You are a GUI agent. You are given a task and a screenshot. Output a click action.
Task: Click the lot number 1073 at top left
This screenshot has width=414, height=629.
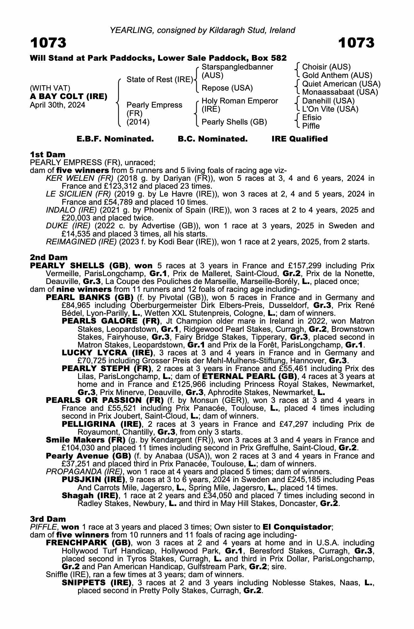pyautogui.click(x=48, y=43)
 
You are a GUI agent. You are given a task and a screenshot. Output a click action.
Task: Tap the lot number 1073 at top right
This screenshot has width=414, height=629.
pyautogui.click(x=356, y=43)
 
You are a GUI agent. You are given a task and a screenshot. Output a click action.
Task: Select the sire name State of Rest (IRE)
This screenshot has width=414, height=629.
pyautogui.click(x=160, y=80)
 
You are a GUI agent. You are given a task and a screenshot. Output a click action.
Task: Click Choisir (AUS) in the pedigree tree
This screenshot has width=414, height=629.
pyautogui.click(x=326, y=67)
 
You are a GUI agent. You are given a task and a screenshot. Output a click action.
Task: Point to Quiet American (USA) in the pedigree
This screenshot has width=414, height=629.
pyautogui.click(x=341, y=84)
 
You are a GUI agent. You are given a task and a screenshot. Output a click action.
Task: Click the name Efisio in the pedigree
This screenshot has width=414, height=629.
pyautogui.click(x=312, y=118)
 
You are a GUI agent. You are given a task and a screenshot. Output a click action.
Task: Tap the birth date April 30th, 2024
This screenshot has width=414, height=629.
pyautogui.click(x=57, y=105)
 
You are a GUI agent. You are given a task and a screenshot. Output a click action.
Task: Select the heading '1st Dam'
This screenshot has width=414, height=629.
pyautogui.click(x=48, y=154)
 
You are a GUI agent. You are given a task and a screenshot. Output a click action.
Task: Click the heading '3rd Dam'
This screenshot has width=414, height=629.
pyautogui.click(x=48, y=519)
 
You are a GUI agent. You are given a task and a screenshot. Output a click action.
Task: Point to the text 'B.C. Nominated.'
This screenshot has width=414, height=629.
pyautogui.click(x=213, y=139)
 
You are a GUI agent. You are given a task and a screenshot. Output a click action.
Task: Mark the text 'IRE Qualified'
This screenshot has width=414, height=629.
pyautogui.click(x=299, y=139)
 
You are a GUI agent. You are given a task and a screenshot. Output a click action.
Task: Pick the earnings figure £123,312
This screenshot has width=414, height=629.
pyautogui.click(x=115, y=186)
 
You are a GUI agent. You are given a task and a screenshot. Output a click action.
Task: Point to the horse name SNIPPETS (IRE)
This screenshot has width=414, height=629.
pyautogui.click(x=96, y=582)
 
